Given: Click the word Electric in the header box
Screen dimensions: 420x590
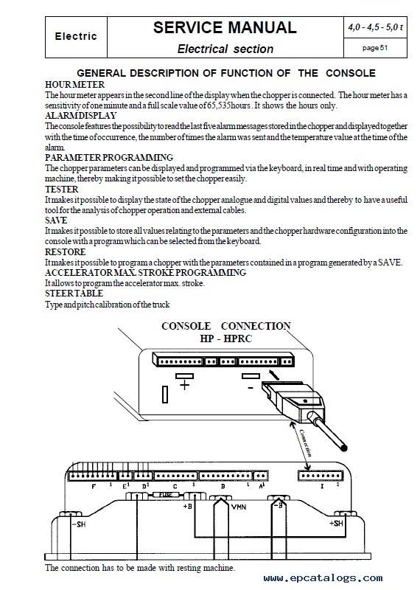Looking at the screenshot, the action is pyautogui.click(x=76, y=36).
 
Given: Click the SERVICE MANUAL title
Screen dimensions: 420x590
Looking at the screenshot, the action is pyautogui.click(x=225, y=27).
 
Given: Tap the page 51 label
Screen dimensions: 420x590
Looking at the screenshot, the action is pyautogui.click(x=375, y=48).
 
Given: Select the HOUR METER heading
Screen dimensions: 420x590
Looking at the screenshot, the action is pyautogui.click(x=74, y=84).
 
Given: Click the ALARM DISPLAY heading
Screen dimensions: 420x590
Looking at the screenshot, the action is pyautogui.click(x=81, y=116).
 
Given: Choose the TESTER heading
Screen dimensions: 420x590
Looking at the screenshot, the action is pyautogui.click(x=62, y=190).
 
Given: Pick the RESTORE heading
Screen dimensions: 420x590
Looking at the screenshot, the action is pyautogui.click(x=66, y=251).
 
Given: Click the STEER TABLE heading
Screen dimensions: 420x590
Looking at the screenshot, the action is pyautogui.click(x=74, y=293).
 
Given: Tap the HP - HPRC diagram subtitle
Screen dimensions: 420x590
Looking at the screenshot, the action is pyautogui.click(x=225, y=339).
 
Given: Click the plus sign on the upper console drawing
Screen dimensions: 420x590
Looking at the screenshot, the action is pyautogui.click(x=184, y=385).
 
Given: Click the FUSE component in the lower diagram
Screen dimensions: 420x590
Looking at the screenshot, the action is pyautogui.click(x=166, y=495).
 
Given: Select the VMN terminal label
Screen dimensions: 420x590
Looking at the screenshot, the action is pyautogui.click(x=239, y=507).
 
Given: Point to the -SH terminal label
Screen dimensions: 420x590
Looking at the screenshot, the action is pyautogui.click(x=79, y=524).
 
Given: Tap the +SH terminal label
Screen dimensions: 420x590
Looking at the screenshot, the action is pyautogui.click(x=336, y=523).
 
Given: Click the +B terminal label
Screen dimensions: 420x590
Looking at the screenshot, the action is pyautogui.click(x=187, y=506).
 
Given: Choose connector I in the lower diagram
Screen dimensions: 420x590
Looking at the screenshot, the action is pyautogui.click(x=320, y=476).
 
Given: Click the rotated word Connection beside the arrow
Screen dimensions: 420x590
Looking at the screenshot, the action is pyautogui.click(x=305, y=443).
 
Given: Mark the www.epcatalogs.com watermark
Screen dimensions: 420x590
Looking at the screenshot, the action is pyautogui.click(x=323, y=577).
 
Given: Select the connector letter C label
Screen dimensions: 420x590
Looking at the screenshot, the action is pyautogui.click(x=175, y=487).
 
